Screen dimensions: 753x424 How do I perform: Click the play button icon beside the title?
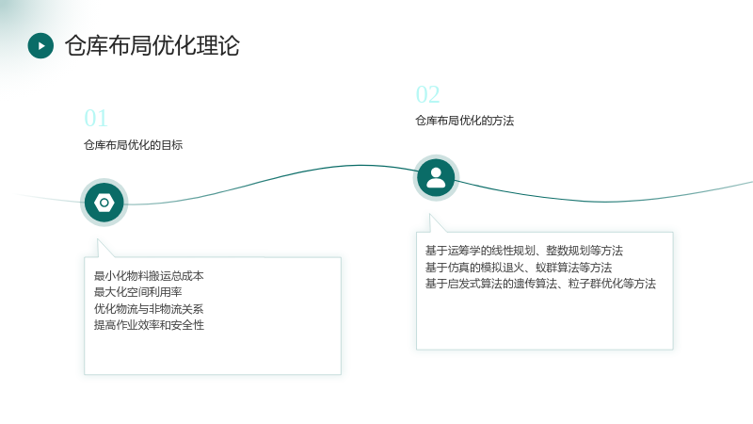(x=40, y=45)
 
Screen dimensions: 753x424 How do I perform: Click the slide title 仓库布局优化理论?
(x=152, y=45)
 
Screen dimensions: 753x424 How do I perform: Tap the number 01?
(x=96, y=119)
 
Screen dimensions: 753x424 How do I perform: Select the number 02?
(x=427, y=95)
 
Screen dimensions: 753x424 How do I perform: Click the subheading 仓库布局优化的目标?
(x=133, y=145)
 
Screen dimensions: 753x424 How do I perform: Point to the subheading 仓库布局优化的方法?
(x=464, y=121)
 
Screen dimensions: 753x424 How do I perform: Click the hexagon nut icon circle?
(x=104, y=203)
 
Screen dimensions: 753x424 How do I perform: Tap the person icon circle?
(x=436, y=178)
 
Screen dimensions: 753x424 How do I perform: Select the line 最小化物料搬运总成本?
(x=149, y=276)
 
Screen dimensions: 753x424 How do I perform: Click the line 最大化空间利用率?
(x=137, y=292)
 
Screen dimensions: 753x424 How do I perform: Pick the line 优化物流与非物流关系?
(x=149, y=309)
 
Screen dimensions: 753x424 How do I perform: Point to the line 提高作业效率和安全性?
(x=149, y=325)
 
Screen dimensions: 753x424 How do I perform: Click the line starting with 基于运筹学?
(x=524, y=251)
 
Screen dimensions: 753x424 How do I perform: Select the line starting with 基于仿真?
(x=519, y=268)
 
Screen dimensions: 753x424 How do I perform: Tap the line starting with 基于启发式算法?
(x=540, y=284)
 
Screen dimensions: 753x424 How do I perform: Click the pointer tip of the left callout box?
(x=98, y=239)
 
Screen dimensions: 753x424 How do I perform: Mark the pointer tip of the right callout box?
(x=430, y=215)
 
